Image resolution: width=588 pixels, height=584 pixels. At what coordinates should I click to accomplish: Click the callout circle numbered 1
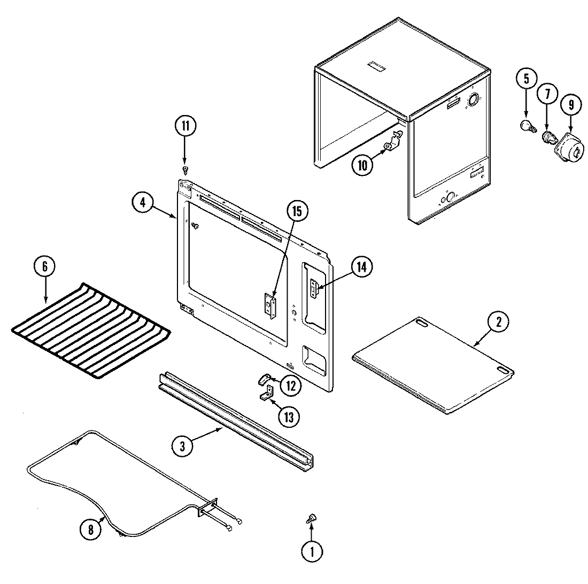pos(313,552)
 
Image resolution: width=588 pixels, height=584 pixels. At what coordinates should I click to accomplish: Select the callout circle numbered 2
pos(498,322)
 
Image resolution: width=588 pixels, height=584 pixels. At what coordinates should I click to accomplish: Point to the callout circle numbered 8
pos(90,529)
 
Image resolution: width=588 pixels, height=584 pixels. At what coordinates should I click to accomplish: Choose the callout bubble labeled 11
pos(185,127)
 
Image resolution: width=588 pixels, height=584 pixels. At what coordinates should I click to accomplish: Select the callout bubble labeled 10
pos(363,165)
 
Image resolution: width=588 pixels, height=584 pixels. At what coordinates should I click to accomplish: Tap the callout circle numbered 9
pos(570,105)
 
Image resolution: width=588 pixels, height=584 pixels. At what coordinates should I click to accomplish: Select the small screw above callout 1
pos(310,517)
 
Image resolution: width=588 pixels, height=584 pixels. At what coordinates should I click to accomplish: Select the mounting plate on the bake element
pos(208,508)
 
